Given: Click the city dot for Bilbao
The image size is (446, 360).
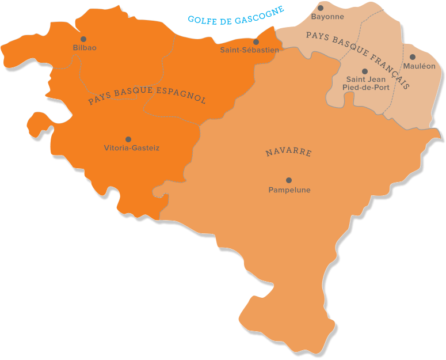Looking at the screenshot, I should (83, 39).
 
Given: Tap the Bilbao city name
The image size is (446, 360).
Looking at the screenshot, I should (85, 48).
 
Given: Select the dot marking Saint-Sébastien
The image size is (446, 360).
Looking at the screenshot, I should (256, 42).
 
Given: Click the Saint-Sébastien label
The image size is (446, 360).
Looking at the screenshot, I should (249, 50).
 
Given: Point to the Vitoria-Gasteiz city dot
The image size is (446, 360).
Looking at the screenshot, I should (128, 139).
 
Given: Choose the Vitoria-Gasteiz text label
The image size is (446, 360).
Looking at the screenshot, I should (132, 148).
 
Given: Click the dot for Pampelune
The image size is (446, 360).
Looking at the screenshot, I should (289, 180).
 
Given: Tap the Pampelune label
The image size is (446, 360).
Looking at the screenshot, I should (289, 190).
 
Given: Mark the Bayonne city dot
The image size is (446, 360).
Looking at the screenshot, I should (321, 8).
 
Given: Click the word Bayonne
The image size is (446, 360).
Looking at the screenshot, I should (327, 17).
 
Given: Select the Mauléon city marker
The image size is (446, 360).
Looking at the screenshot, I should (413, 57).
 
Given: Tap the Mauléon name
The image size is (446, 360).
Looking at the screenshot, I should (420, 66).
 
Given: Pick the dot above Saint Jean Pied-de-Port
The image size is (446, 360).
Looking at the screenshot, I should (365, 71).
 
